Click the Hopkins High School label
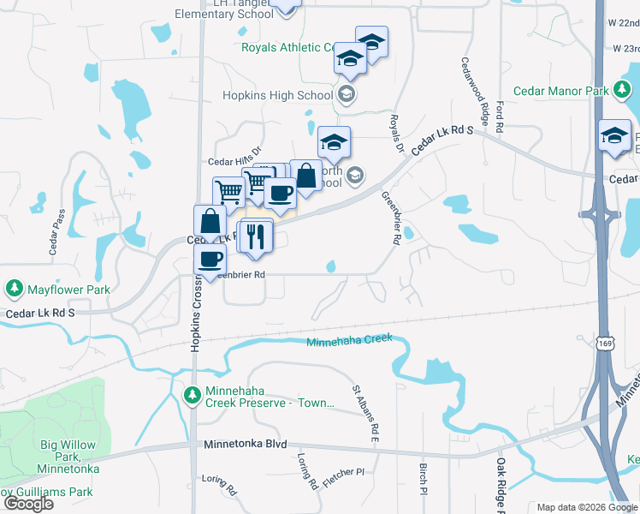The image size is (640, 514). click(278, 96)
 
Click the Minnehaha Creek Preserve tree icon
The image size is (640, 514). click(192, 395)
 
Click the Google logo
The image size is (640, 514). click(28, 504)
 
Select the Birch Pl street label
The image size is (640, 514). click(423, 481)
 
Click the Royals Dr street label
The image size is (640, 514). click(396, 134)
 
